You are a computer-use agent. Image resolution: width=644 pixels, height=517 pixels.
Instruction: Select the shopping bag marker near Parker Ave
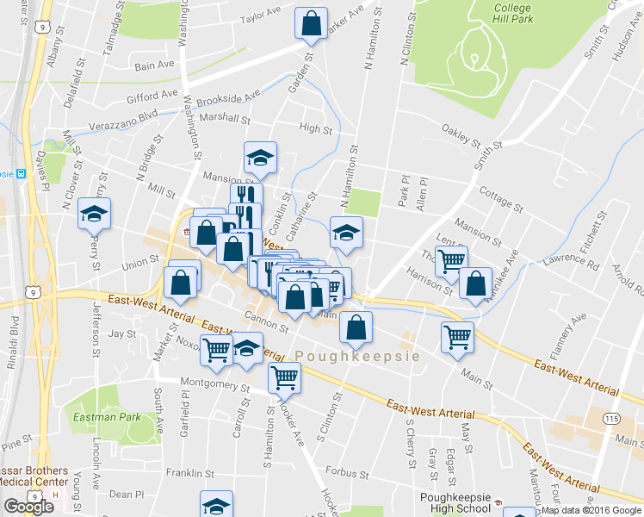(311, 23)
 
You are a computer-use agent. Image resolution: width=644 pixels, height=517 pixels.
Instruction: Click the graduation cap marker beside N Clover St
(94, 214)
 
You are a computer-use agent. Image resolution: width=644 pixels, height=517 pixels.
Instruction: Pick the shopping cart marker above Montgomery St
(283, 376)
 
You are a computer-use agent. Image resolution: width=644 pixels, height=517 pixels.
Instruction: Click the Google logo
(28, 507)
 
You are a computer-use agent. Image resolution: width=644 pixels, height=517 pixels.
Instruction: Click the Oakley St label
(460, 136)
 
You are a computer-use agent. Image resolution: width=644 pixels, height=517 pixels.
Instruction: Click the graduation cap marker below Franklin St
(216, 505)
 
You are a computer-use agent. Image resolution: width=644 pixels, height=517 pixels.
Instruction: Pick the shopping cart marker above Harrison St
(450, 260)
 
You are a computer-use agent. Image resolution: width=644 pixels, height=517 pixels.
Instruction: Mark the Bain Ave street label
(155, 65)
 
